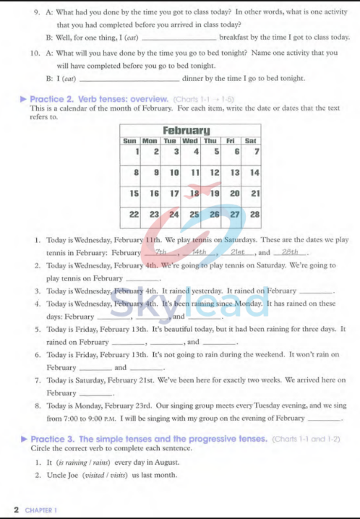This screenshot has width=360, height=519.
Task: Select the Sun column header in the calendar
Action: coord(130,140)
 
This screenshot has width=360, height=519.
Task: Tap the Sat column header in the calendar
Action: coord(250,140)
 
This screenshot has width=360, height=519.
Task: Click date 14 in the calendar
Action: coord(254,173)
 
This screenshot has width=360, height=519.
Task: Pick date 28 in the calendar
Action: coord(254,215)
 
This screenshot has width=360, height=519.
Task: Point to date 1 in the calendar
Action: coord(137,151)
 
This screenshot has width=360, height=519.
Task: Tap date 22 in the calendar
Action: coord(134,215)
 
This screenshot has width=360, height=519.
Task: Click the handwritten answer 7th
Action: coord(160,252)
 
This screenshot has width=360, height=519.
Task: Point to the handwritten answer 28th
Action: coord(289,252)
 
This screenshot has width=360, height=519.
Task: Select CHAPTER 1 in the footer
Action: coord(40,510)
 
